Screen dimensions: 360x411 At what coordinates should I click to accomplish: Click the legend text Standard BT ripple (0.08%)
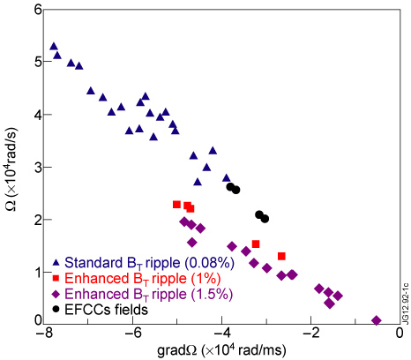(x=142, y=263)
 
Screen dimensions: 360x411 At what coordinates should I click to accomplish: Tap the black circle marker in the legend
(x=56, y=309)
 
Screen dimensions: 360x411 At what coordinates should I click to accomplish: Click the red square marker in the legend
(x=56, y=279)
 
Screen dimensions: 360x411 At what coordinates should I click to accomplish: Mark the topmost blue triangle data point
(x=54, y=46)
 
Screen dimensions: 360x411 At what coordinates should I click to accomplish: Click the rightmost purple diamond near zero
(x=377, y=320)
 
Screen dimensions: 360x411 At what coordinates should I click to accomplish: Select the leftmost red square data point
(x=176, y=205)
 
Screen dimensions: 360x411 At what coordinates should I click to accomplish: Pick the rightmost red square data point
(x=281, y=256)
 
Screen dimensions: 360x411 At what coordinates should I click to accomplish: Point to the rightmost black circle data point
(x=265, y=218)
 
